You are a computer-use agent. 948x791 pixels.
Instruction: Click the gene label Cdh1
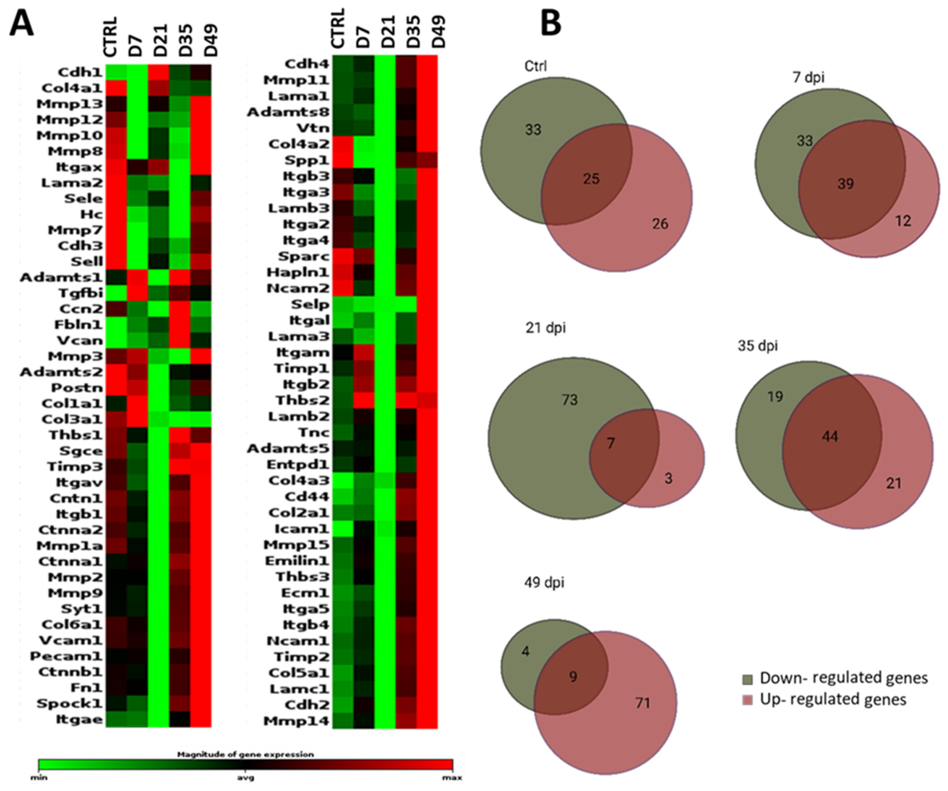[x=80, y=72]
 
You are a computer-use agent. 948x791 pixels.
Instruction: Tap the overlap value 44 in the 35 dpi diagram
[x=830, y=437]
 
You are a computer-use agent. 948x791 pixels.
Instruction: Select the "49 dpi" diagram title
[x=544, y=582]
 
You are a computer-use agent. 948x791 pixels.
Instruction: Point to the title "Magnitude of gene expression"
[x=245, y=755]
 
